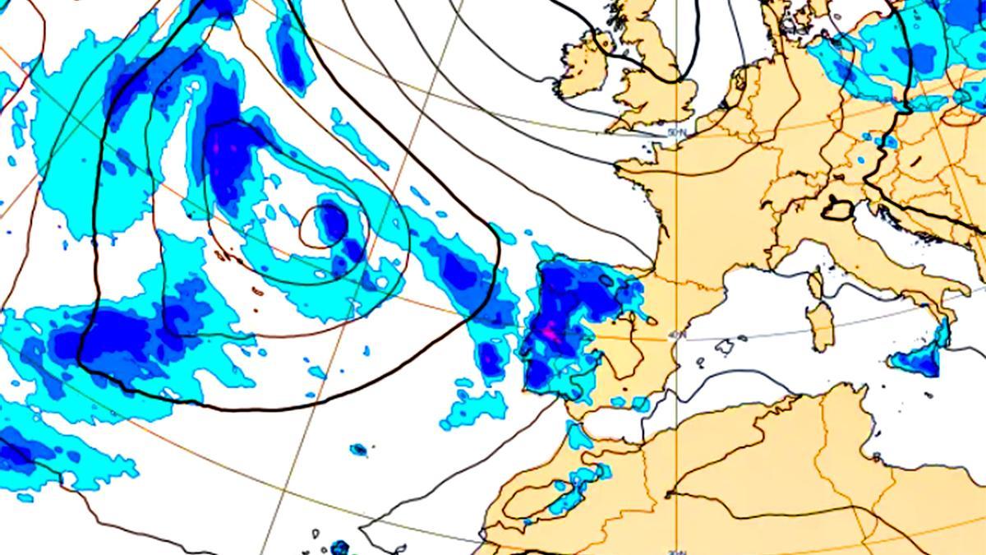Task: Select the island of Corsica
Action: click(x=815, y=284)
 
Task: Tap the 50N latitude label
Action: click(x=675, y=132)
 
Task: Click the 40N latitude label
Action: click(x=676, y=335)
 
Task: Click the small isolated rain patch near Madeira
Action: click(x=358, y=450)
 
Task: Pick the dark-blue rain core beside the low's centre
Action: click(x=333, y=220)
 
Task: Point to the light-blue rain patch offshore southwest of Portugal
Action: click(x=475, y=408)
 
